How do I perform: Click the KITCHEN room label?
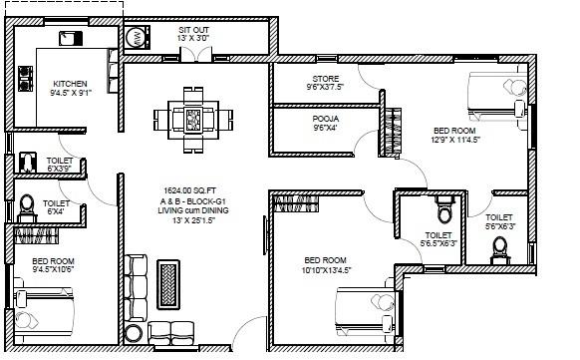coord(71,84)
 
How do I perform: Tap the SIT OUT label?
coord(193,30)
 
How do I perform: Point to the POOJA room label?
coord(326,119)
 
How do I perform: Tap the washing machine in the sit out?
coord(135,39)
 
